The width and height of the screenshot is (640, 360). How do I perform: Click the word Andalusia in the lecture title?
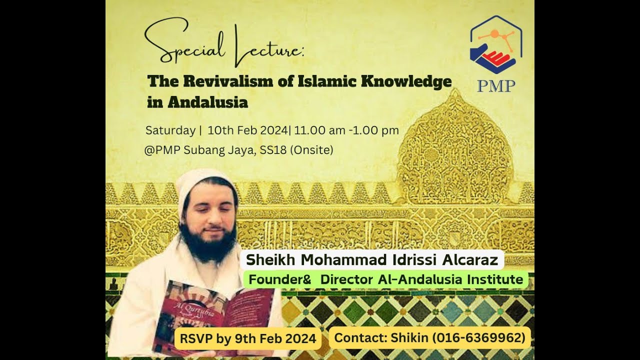click(208, 102)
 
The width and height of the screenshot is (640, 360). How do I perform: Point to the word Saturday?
click(170, 130)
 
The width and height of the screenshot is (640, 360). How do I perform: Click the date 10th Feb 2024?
click(247, 130)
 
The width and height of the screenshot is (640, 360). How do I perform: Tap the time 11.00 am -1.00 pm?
click(346, 130)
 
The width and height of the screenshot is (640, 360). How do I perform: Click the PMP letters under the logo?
click(495, 86)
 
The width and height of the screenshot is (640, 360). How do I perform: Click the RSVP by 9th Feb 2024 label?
click(247, 338)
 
